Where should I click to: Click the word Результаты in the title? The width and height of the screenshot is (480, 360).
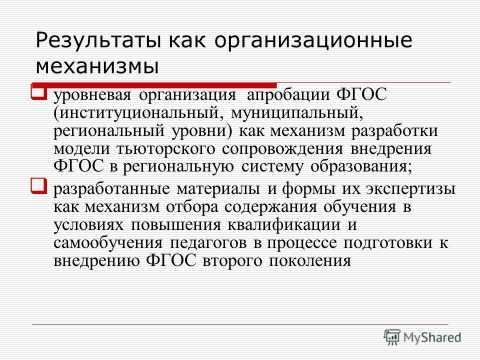98,40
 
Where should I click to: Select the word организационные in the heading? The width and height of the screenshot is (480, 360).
313,40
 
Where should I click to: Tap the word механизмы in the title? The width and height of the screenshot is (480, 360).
97,66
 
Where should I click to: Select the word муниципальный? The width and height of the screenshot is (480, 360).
296,113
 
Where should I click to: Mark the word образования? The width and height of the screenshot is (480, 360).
361,167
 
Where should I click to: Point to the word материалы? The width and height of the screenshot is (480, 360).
218,189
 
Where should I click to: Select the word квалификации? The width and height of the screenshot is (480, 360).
284,225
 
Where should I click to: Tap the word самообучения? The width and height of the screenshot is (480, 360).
108,243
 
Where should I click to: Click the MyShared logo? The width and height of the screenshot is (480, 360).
422,337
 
